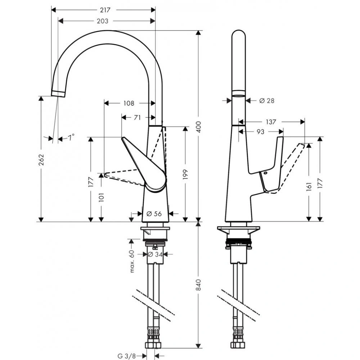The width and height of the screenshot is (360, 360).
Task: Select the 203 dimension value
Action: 103,21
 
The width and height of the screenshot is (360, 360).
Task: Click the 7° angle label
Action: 71,137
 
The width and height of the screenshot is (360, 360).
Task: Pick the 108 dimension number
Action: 129,103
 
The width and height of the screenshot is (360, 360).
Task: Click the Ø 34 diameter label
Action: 155,254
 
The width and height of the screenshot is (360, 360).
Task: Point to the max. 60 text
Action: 132,261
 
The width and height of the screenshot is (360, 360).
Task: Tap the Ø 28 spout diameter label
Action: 267,101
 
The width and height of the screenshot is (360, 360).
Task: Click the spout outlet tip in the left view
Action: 58,94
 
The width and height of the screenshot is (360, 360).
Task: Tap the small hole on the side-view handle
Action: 266,174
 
